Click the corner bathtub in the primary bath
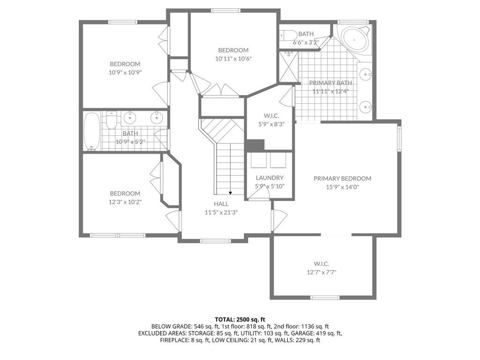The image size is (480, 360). pos(355,40)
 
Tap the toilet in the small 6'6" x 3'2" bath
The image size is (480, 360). pos(288,36)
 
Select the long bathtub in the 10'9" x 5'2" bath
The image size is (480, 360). pos(91,132)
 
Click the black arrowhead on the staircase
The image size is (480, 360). pos(230,193)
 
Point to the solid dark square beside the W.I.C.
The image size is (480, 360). pos(255,145)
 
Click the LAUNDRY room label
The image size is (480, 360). pos(270,178)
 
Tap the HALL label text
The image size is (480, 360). pos(221,204)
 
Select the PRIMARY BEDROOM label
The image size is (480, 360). pos(342,179)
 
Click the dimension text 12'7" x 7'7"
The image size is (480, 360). pos(322,272)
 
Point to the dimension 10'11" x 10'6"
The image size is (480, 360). pos(233,59)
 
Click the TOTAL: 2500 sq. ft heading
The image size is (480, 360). pos(240,320)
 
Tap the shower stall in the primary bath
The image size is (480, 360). pos(288,67)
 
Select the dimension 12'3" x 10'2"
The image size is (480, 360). pos(125,202)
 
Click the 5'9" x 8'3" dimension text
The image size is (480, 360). pos(271,124)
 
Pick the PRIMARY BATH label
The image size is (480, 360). pos(330,82)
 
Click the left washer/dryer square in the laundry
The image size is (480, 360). pos(259,160)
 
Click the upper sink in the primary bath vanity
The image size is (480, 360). pos(365,74)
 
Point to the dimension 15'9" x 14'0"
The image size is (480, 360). pos(342,187)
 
